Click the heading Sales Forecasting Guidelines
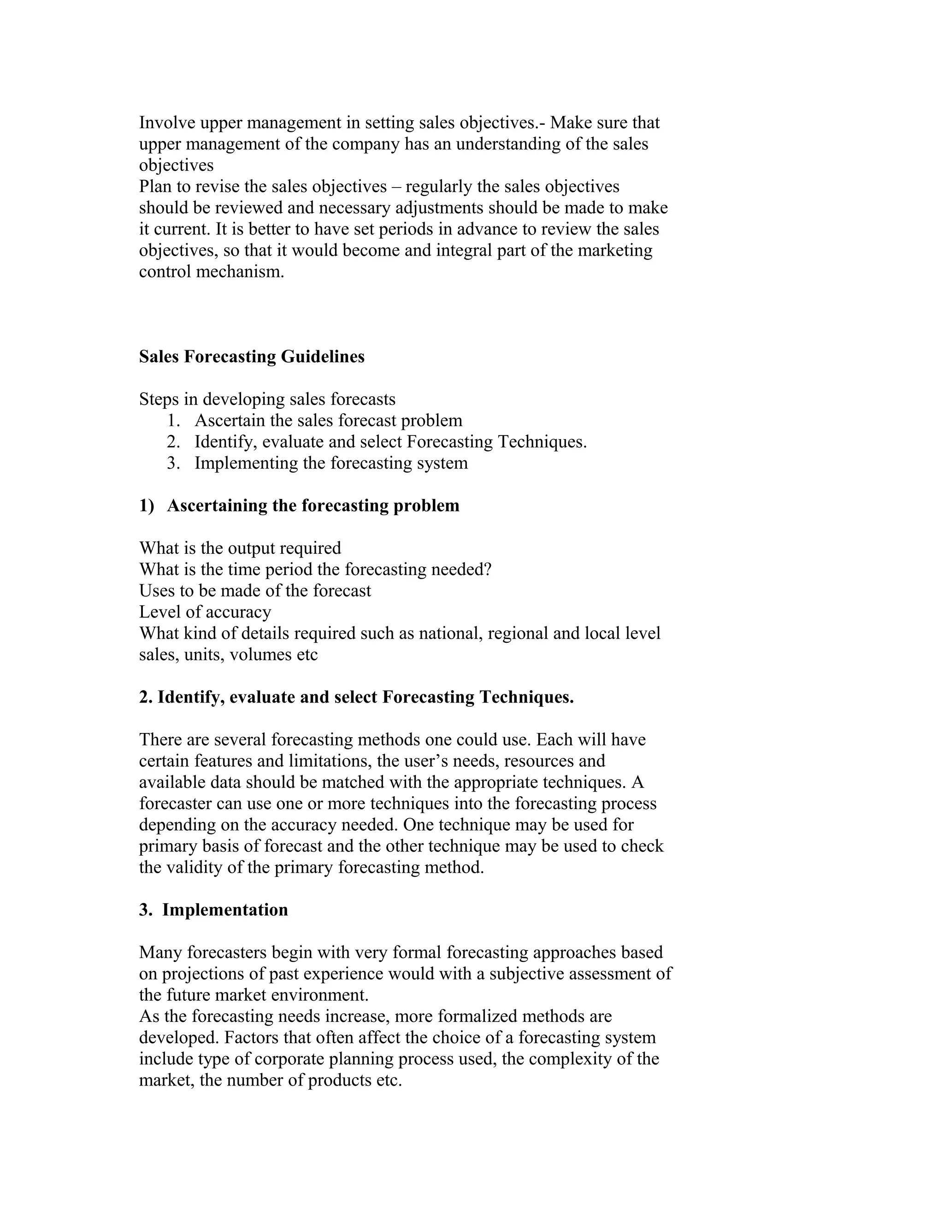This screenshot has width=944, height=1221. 252,357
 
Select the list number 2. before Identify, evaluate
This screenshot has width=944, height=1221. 173,442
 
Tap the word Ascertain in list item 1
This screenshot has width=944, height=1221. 229,420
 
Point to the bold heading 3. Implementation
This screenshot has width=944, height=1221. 213,910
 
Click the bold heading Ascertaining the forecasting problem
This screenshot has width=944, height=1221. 313,505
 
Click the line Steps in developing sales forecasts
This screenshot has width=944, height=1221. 267,399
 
